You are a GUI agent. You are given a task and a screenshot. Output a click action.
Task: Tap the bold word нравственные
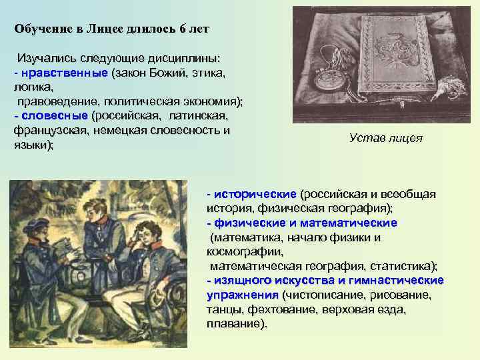pyautogui.click(x=63, y=72)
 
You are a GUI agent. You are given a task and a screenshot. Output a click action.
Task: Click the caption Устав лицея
pyautogui.click(x=385, y=138)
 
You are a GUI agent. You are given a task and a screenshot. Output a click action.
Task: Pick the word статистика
pyautogui.click(x=401, y=266)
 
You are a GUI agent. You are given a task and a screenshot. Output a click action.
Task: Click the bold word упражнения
pyautogui.click(x=242, y=295)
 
